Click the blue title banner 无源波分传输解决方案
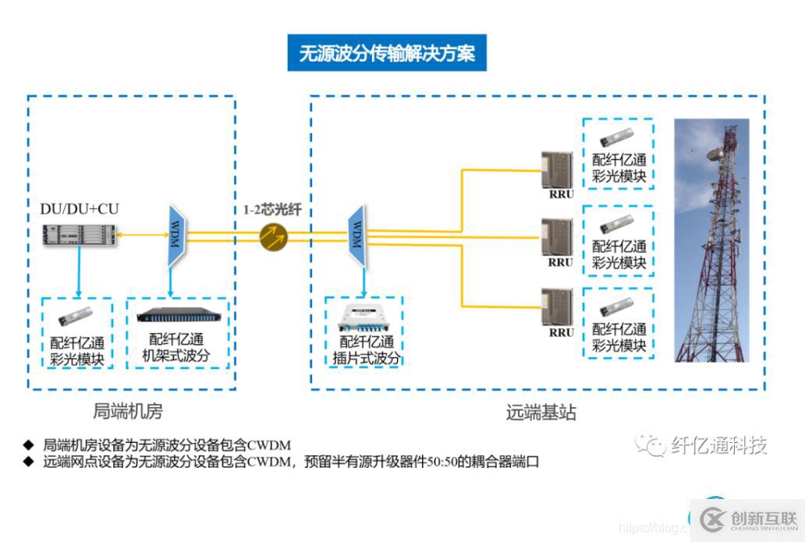coord(387,53)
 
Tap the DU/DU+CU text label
coord(80,208)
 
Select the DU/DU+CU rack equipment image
coord(81,233)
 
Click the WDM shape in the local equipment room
coord(174,235)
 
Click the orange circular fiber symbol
coord(273,236)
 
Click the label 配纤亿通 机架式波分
coord(176,349)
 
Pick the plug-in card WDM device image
coord(363,318)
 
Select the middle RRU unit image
coord(557,237)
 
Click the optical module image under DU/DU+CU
coord(76,317)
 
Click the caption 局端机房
coord(128,411)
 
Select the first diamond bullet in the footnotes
coord(29,445)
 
